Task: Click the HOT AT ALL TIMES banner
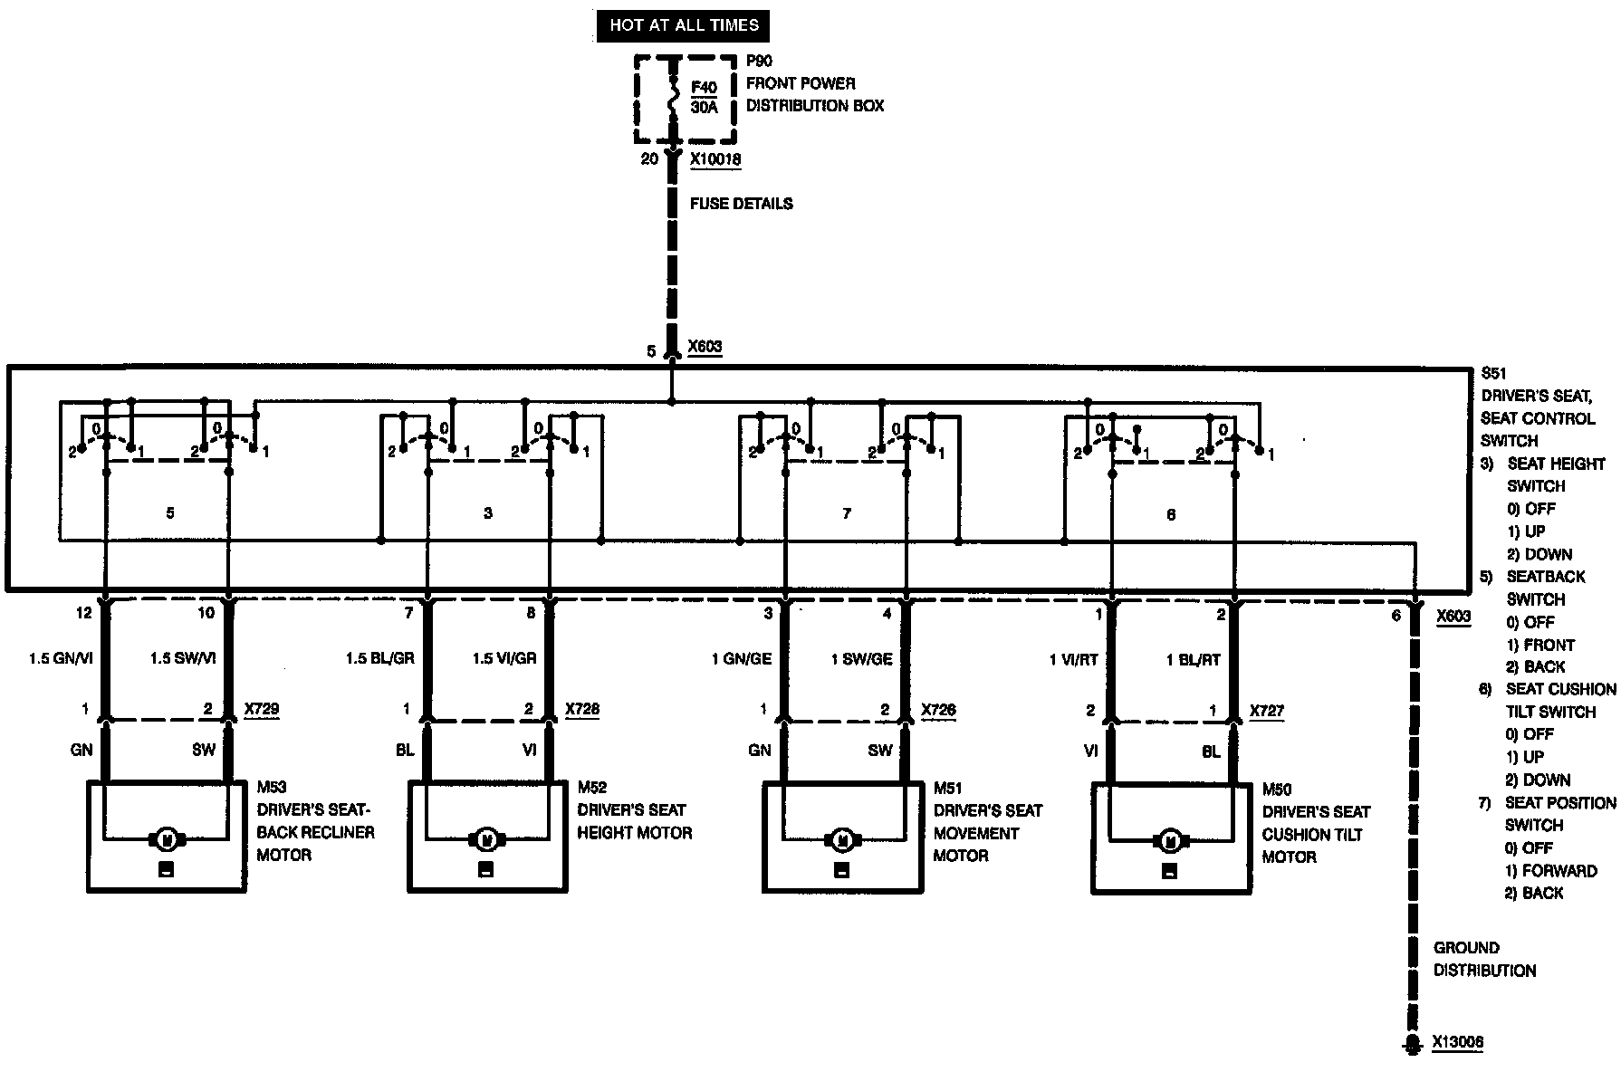683,25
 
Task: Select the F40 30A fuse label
704,98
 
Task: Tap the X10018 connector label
715,159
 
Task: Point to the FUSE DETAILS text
741,204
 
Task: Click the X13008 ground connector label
1457,1043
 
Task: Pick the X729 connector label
262,709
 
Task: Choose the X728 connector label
582,709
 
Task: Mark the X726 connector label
938,710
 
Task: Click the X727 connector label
1267,711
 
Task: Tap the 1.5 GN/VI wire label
62,658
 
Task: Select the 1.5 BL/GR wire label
379,658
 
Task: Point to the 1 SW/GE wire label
862,659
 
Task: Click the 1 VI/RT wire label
1073,660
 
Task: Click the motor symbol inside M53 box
166,839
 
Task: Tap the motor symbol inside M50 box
1170,841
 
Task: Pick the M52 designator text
592,788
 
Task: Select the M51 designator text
948,789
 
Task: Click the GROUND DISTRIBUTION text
1484,959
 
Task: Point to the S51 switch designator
1493,373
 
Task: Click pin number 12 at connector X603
83,613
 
